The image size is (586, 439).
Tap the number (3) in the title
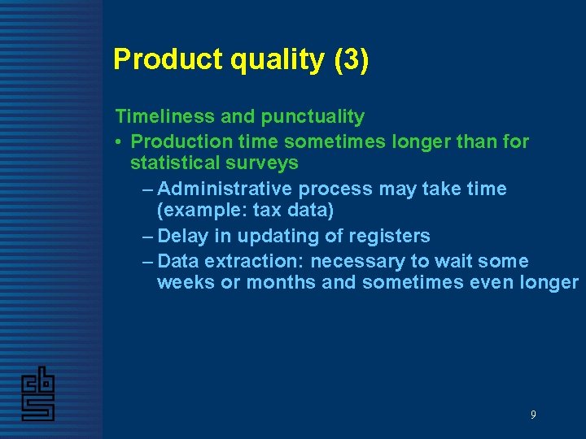point(352,59)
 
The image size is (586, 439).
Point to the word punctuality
point(313,118)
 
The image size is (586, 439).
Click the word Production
point(181,141)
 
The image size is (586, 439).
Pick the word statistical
point(174,163)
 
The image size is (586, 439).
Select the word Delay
point(182,237)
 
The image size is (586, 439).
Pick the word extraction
point(252,262)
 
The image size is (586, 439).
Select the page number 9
point(533,415)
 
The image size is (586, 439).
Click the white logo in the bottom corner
point(37,393)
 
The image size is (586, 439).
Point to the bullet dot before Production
point(119,142)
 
